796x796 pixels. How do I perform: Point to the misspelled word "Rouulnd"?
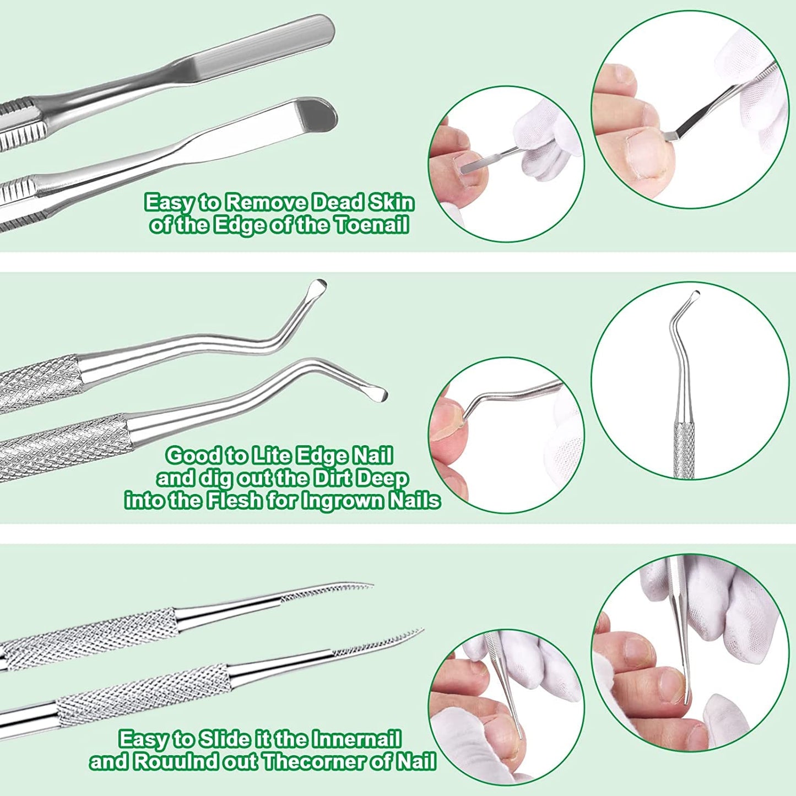[175, 762]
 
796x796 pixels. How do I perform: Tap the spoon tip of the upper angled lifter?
[318, 287]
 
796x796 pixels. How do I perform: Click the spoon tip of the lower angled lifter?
[377, 393]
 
